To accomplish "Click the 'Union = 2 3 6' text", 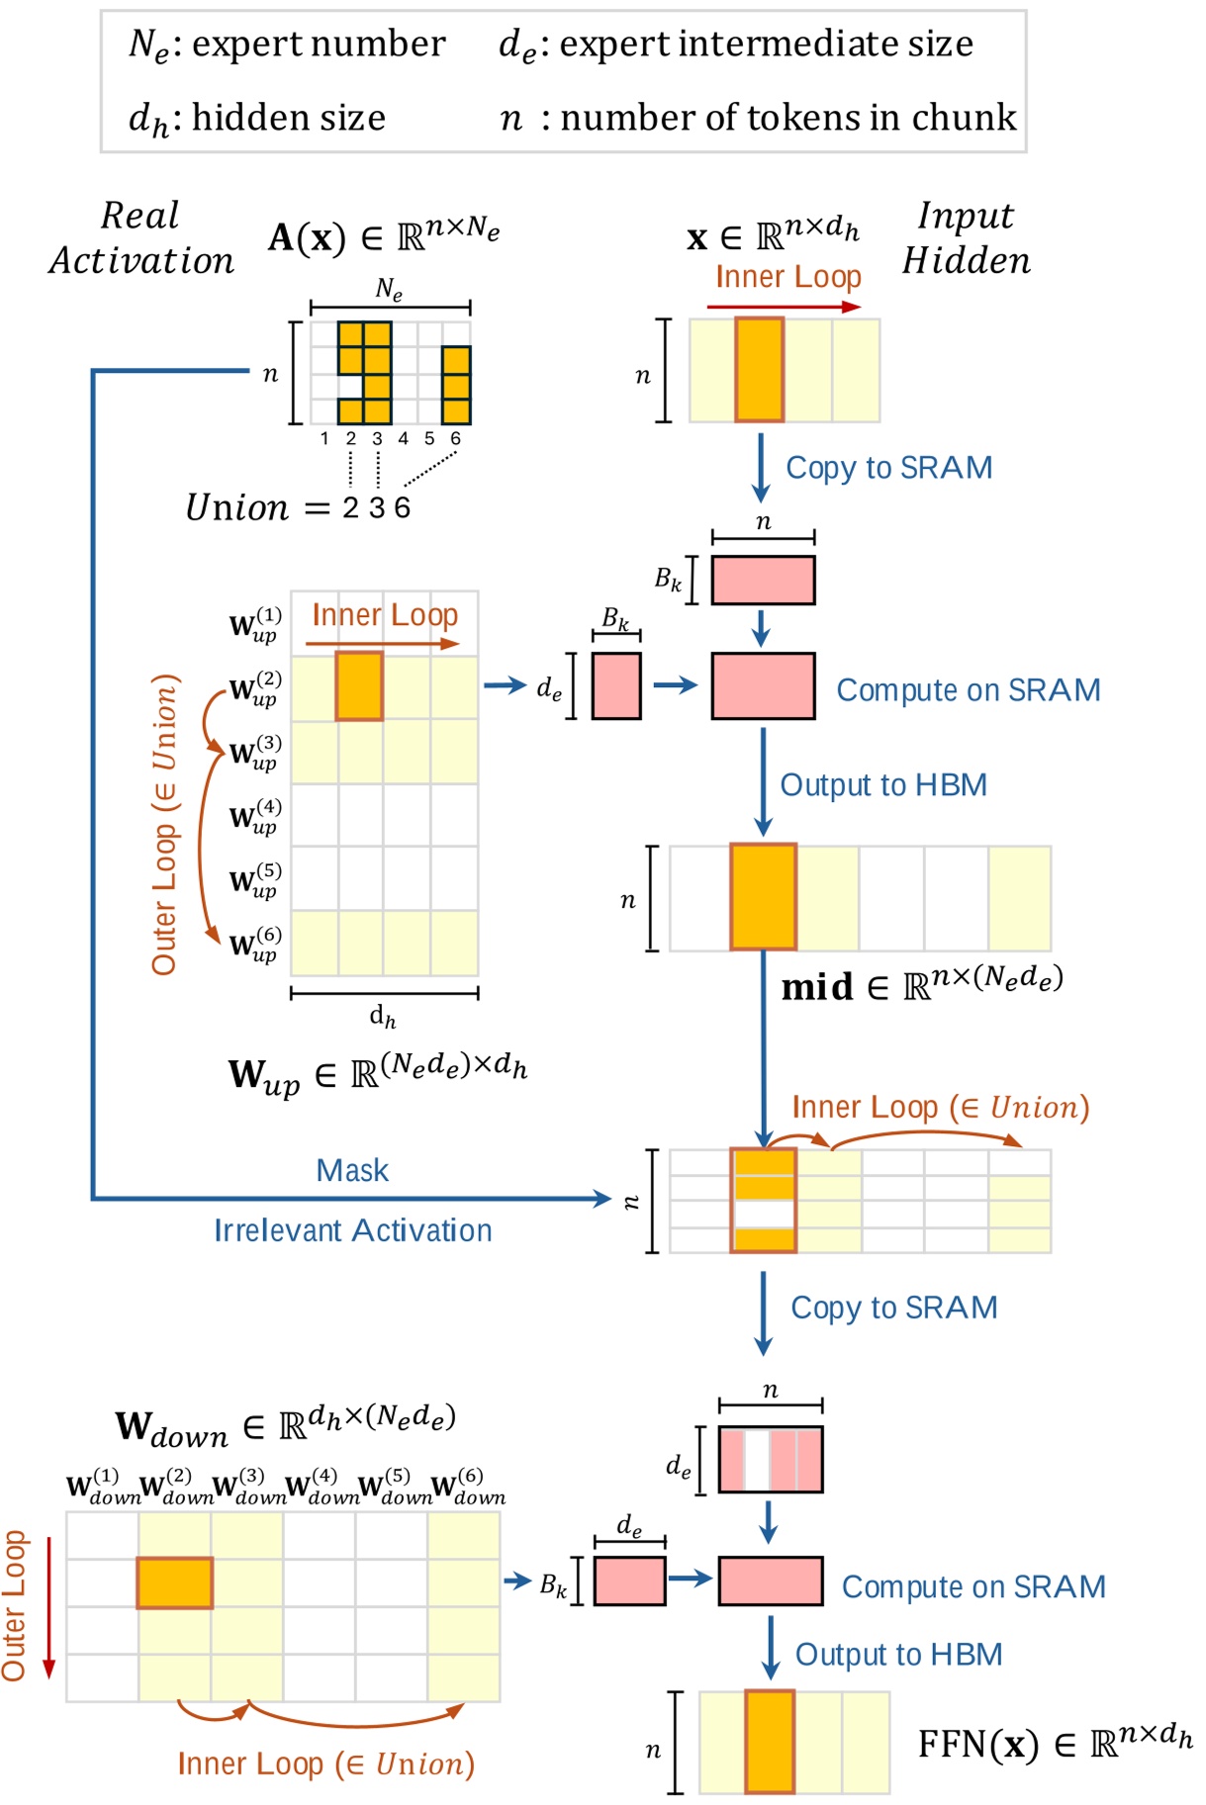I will [x=297, y=507].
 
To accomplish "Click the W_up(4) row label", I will [x=254, y=817].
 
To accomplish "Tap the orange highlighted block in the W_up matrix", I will [x=358, y=685].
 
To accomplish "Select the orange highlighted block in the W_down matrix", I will [x=174, y=1582].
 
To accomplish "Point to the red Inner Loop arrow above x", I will [x=784, y=307].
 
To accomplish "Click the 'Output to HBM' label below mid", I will [x=897, y=1655].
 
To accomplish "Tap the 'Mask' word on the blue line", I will [x=352, y=1171].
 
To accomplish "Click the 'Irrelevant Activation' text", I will [x=353, y=1230].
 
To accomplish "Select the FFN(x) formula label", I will [x=1054, y=1743].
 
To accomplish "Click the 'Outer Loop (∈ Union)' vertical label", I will [x=164, y=824].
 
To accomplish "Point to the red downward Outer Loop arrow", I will [x=48, y=1607].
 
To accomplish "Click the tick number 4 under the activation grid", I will [x=403, y=438].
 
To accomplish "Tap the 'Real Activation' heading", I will [x=141, y=238].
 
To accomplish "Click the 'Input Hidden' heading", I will [x=966, y=238].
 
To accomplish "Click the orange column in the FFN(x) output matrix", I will [x=770, y=1741].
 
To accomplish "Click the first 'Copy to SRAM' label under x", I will [x=888, y=468].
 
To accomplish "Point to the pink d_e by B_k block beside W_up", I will [x=615, y=685].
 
